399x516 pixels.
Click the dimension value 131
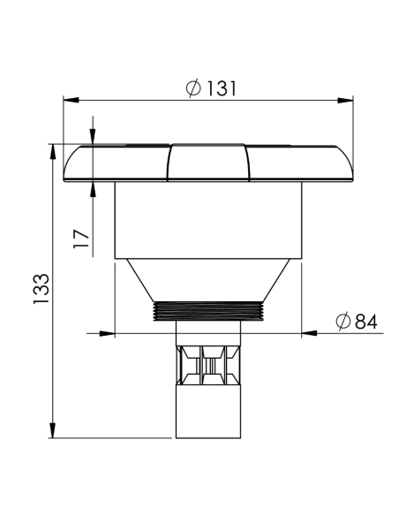pos(221,89)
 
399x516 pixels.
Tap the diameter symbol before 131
pos(193,88)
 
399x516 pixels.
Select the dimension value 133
pos(41,289)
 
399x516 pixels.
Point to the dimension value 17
pos(81,239)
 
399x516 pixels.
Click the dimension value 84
pos(366,322)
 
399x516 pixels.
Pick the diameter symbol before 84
pos(343,322)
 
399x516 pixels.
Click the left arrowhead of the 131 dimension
pos(71,100)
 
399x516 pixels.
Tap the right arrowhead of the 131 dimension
pos(345,100)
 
